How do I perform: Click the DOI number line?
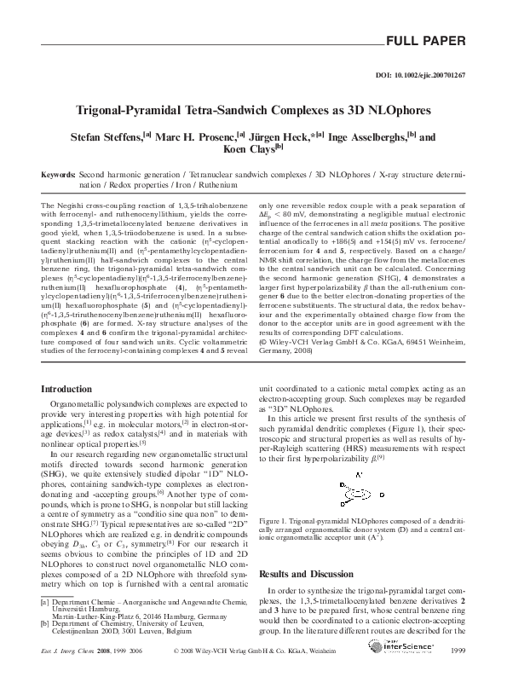(420, 76)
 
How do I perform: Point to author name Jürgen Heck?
(285, 136)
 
